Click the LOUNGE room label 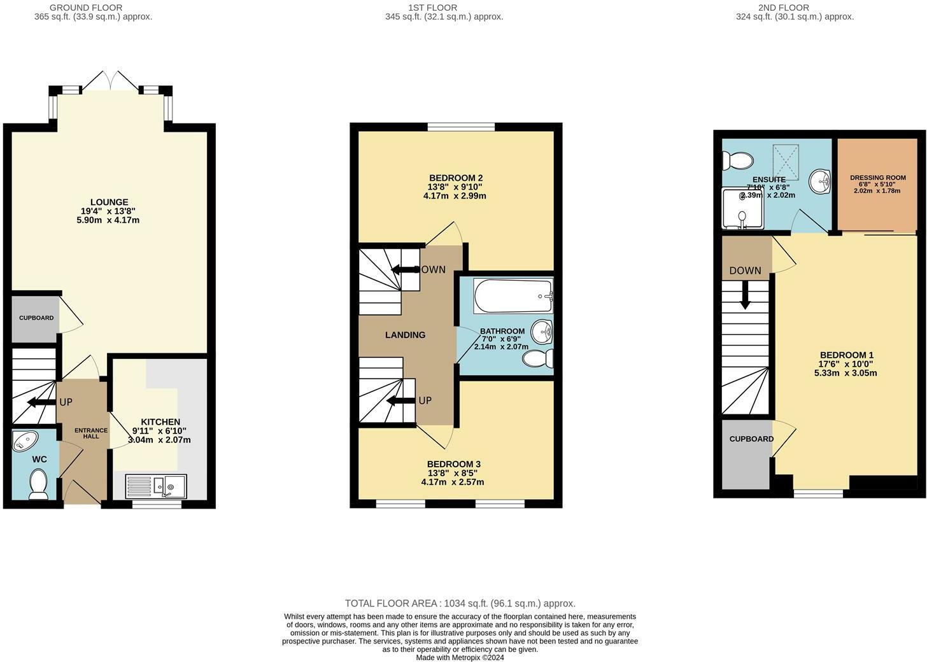click(x=109, y=202)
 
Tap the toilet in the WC click(x=38, y=484)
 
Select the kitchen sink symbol click(x=155, y=486)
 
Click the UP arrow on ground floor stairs click(x=40, y=402)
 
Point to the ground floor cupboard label click(x=36, y=318)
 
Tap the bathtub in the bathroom click(x=513, y=296)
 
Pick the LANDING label click(x=405, y=335)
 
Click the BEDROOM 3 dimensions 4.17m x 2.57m click(x=453, y=482)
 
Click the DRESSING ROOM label click(x=877, y=178)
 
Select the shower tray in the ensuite click(x=742, y=208)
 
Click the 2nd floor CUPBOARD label click(x=751, y=439)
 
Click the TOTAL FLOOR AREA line click(x=460, y=603)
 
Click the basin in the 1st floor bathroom click(x=542, y=331)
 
